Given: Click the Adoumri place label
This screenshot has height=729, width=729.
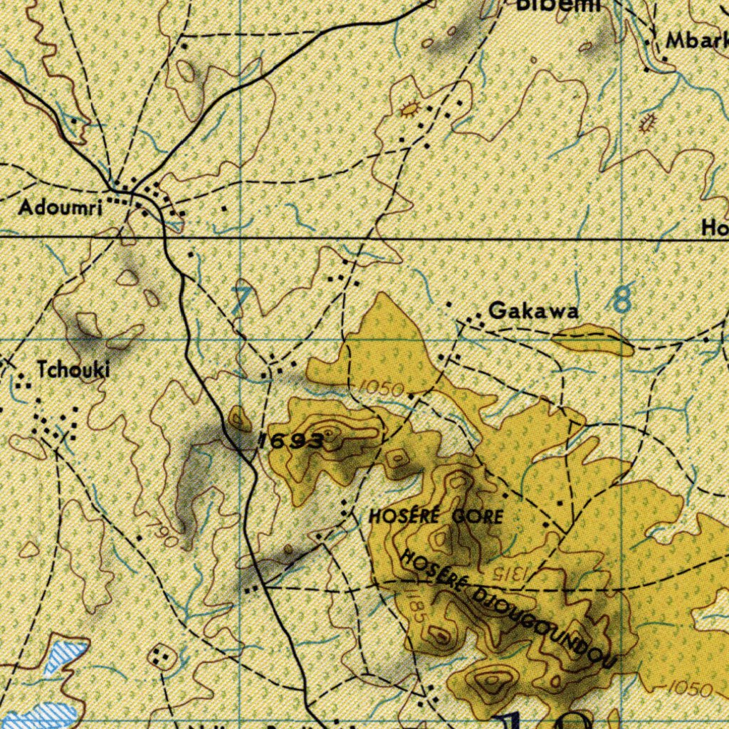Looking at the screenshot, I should (x=61, y=208).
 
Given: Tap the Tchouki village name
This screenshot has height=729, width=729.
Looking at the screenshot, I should (x=74, y=369).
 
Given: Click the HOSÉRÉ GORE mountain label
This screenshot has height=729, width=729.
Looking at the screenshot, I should (x=436, y=517).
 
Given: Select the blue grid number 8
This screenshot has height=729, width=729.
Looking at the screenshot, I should (x=622, y=300).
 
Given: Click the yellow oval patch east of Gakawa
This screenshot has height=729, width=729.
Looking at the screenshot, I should (x=593, y=340).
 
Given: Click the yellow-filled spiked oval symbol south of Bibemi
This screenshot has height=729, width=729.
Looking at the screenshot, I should (x=410, y=110).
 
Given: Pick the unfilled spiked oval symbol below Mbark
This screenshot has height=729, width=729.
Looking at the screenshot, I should (x=648, y=123).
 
